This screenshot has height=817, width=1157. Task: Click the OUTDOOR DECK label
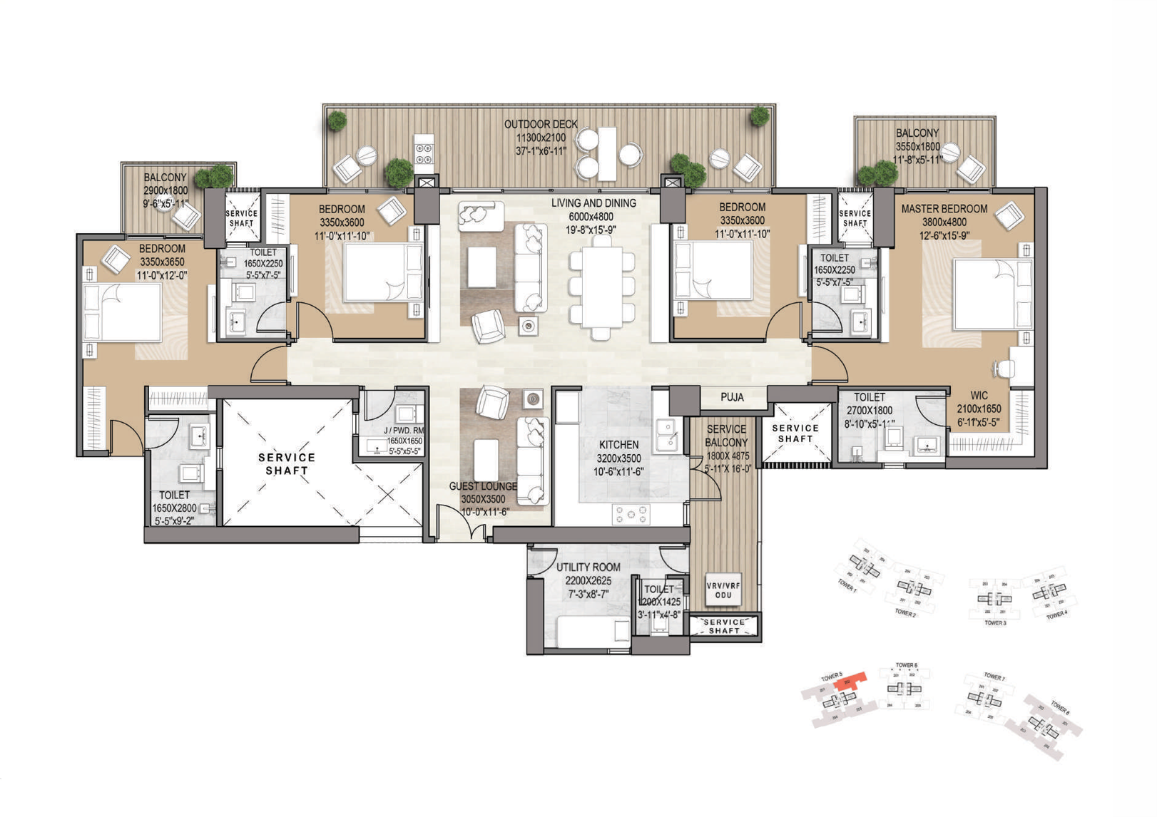pos(541,124)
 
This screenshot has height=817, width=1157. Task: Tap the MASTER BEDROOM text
pos(944,209)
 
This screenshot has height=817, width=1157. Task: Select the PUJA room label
pos(732,398)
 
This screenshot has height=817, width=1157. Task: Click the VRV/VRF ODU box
pos(723,590)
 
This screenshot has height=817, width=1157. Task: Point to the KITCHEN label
pos(618,445)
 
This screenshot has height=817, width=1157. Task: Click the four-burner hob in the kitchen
pos(631,514)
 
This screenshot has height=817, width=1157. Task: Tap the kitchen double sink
pos(667,435)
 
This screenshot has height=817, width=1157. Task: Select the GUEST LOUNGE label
pos(483,486)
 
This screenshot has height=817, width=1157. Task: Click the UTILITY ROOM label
pos(588,567)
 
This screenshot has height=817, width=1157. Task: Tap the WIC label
pos(979,396)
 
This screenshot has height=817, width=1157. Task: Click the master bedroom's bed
pos(992,294)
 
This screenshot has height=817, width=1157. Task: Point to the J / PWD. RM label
pos(404,431)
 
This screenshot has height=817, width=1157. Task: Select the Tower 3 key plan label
pos(995,623)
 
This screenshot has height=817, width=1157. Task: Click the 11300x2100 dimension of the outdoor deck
pos(541,138)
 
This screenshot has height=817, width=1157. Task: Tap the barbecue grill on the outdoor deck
pos(424,150)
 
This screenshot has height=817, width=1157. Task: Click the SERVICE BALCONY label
pos(726,436)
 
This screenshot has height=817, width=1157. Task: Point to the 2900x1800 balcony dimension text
pos(165,191)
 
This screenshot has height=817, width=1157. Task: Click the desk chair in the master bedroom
pos(1004,369)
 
